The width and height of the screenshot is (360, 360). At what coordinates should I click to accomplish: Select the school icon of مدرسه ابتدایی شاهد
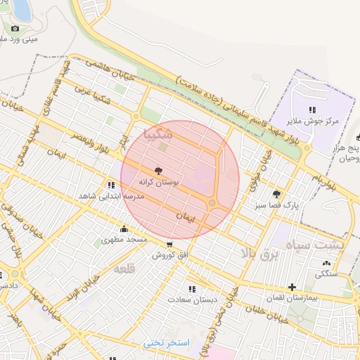click(111, 185)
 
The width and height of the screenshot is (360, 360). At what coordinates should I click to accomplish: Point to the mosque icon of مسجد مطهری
click(124, 229)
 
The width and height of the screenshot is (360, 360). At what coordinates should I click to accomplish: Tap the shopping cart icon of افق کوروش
click(169, 245)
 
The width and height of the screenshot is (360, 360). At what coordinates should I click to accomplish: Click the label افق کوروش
click(170, 255)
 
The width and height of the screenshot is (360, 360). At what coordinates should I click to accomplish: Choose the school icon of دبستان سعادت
click(191, 288)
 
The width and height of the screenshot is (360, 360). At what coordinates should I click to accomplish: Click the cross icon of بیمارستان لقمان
click(292, 287)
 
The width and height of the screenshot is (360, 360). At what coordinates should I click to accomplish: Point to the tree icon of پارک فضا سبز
click(276, 193)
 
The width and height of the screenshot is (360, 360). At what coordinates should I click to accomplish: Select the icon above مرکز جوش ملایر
click(312, 110)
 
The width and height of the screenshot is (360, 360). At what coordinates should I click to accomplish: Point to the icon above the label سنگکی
click(326, 264)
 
